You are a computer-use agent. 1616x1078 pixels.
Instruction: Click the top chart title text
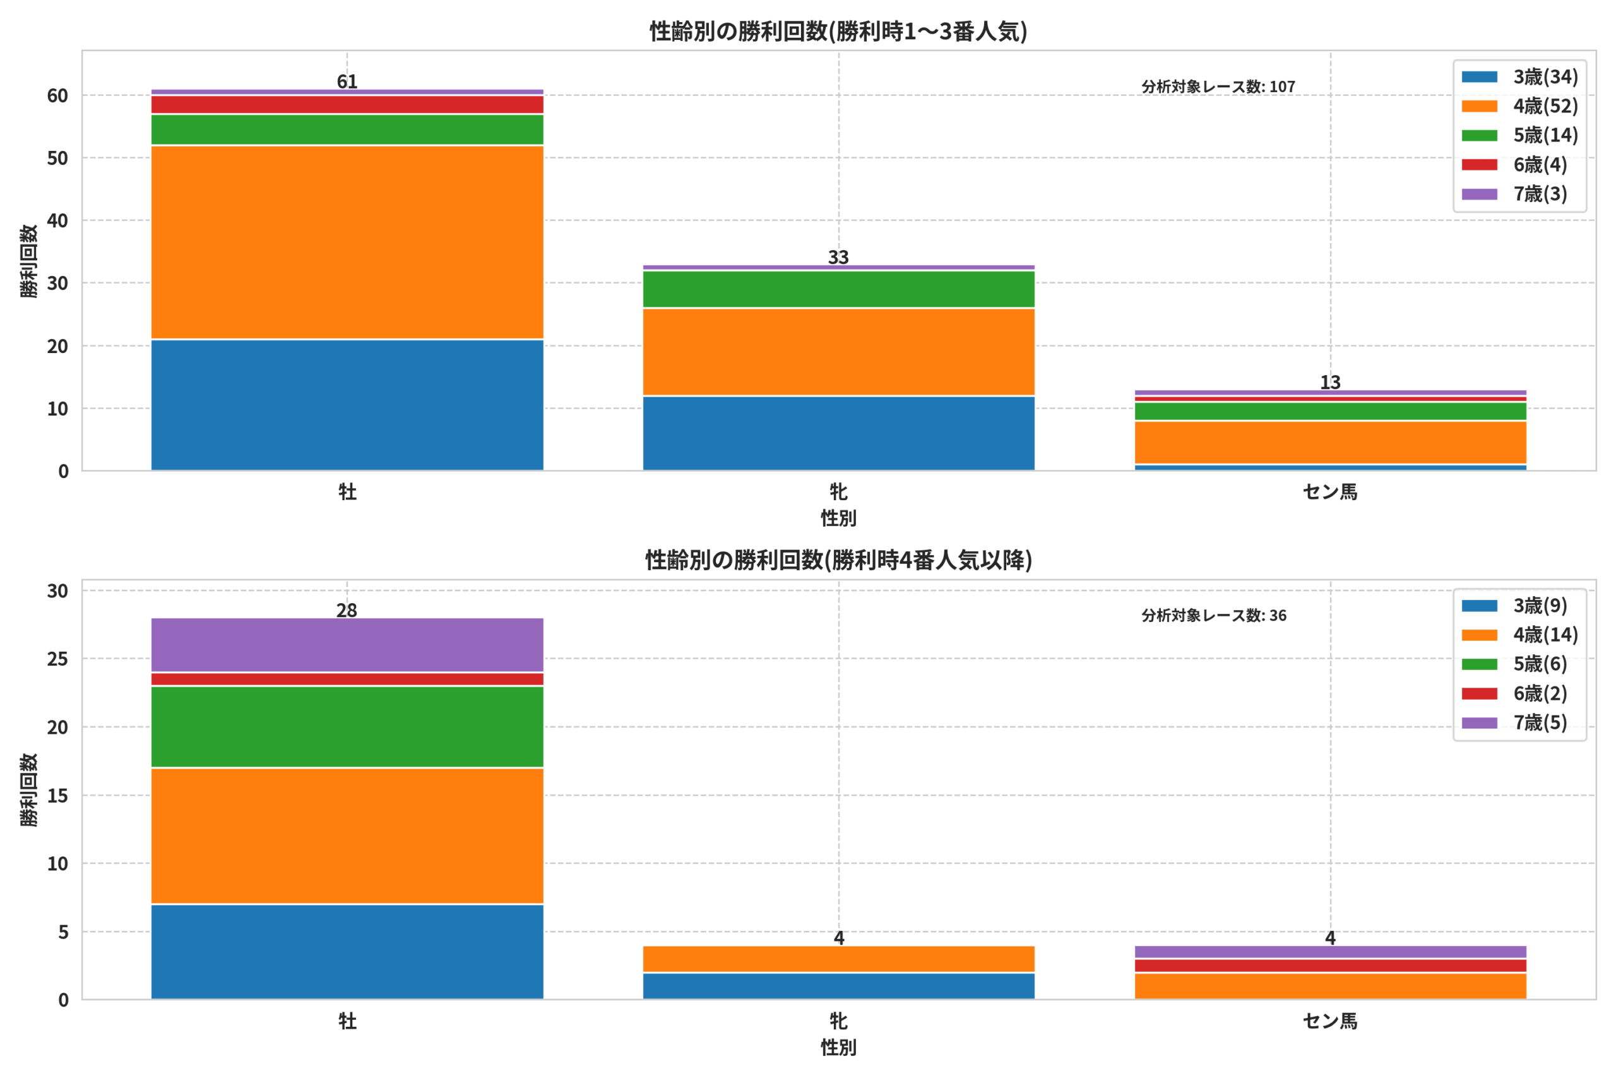(x=838, y=32)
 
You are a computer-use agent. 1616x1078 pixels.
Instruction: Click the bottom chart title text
(x=838, y=560)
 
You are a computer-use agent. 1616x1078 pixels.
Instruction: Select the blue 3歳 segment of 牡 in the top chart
(x=347, y=405)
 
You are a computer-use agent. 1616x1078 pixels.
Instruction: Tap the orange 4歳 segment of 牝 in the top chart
(x=838, y=352)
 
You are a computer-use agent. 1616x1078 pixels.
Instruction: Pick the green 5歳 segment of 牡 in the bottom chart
(x=347, y=727)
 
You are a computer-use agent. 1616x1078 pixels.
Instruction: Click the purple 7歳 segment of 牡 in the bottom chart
(x=347, y=645)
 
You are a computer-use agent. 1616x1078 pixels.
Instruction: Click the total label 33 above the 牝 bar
(x=838, y=257)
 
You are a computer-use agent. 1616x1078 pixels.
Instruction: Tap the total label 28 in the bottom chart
(x=347, y=610)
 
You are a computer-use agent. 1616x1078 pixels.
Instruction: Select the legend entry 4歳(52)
(x=1520, y=106)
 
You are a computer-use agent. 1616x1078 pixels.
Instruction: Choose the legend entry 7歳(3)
(x=1514, y=194)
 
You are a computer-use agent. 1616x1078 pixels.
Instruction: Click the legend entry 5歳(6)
(x=1514, y=664)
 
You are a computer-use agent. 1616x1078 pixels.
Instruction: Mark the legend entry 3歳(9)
(x=1514, y=606)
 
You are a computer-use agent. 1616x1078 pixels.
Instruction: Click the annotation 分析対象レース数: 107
(x=1218, y=87)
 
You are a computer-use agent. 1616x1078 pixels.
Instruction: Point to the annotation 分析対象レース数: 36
(x=1214, y=615)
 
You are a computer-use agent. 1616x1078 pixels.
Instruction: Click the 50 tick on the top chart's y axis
(x=57, y=158)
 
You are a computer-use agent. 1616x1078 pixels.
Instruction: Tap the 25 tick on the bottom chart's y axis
(x=57, y=659)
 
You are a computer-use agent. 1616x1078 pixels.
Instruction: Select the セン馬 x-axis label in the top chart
(x=1330, y=492)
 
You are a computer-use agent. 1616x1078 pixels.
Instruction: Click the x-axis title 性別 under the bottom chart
(x=838, y=1048)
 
